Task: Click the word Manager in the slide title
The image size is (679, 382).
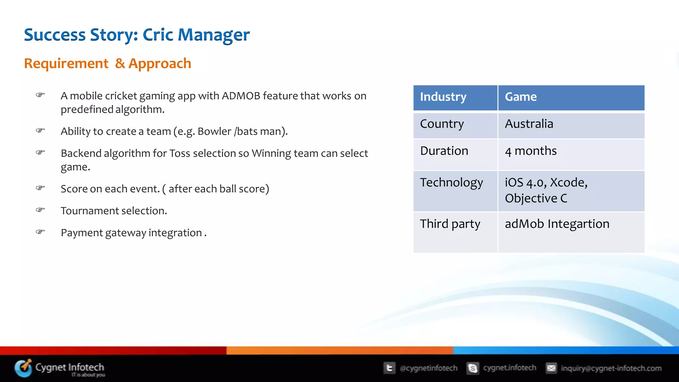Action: [214, 35]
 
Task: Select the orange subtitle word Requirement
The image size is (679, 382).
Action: [66, 63]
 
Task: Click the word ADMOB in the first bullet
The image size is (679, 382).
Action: [241, 96]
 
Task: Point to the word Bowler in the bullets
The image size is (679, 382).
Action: [214, 132]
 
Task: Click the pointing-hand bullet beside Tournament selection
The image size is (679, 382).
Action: [40, 210]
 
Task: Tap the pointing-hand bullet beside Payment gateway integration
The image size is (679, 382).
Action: [40, 232]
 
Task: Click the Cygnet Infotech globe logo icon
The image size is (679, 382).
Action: [23, 368]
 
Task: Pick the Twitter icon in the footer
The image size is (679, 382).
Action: [389, 368]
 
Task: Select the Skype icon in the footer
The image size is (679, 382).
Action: [473, 368]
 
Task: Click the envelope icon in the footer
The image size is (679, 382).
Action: [551, 368]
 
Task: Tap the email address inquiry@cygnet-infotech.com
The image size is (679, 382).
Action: [611, 368]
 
